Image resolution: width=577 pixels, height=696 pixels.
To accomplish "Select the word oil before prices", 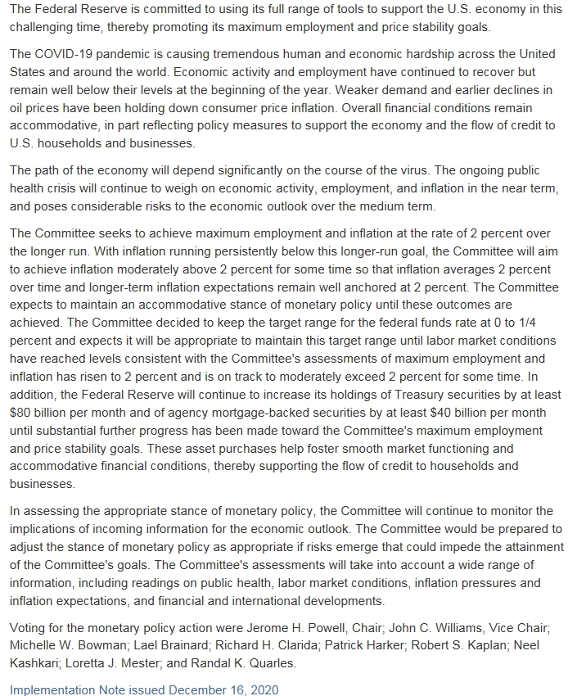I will coord(20,107).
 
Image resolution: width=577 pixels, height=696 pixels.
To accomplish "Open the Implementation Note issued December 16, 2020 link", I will coord(144,689).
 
